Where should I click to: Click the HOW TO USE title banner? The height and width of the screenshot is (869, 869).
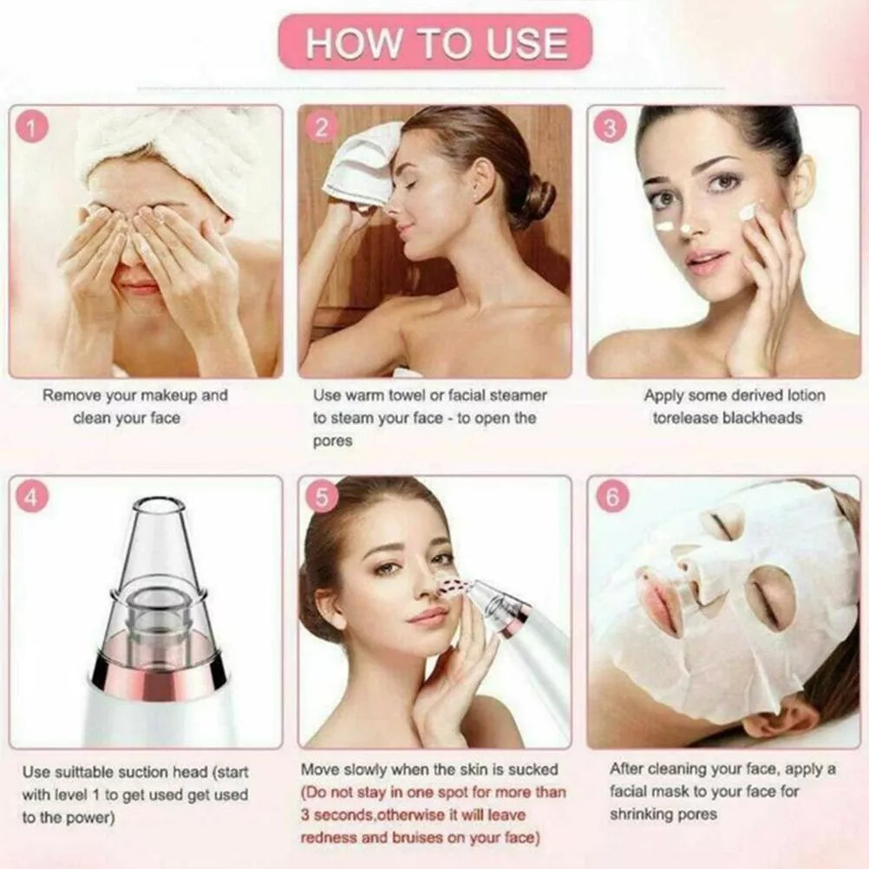point(436,42)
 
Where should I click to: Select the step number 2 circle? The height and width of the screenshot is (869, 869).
point(321,127)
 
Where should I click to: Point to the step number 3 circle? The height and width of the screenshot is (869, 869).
point(610,127)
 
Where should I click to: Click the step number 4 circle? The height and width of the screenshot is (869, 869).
point(32,498)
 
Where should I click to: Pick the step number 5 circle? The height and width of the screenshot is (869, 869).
point(322,498)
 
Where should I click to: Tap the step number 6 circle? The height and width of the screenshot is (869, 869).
point(612,498)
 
